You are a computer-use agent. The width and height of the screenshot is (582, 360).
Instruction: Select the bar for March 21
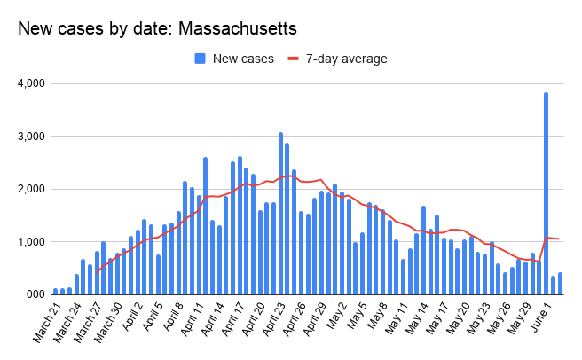pyautogui.click(x=56, y=291)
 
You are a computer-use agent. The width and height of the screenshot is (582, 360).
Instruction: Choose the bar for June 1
pyautogui.click(x=553, y=285)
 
